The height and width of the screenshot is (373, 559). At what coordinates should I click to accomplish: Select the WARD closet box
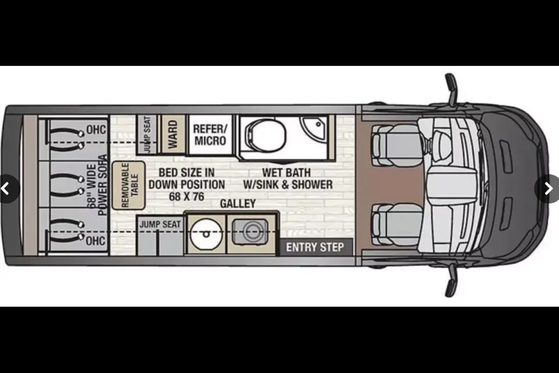[x=172, y=134]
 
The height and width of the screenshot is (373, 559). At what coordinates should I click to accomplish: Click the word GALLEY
[x=238, y=203]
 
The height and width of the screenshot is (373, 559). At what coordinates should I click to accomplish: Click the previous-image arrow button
[x=8, y=188]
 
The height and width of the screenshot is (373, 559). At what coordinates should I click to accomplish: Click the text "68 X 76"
[x=186, y=196]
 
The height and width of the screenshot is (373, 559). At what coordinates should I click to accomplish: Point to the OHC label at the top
[x=96, y=129]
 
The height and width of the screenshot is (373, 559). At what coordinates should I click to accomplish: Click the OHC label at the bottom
[x=96, y=240]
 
